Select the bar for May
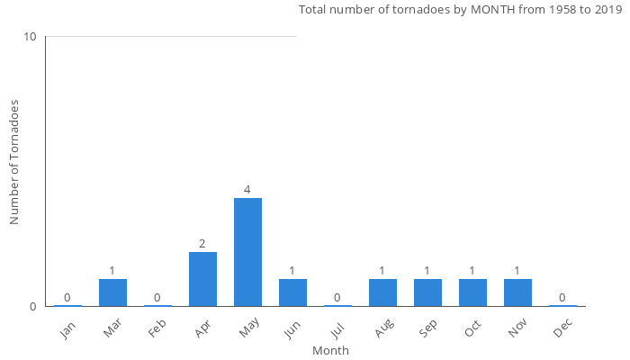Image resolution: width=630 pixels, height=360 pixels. coord(247,252)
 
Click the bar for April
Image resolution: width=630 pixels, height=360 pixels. coord(202,279)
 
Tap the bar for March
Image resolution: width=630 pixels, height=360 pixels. coord(112,292)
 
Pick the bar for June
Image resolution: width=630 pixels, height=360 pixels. coord(292,292)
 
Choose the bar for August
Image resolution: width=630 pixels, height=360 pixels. coord(382,292)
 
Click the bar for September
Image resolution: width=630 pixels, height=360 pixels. coord(427,292)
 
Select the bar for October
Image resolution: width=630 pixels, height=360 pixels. coord(472,292)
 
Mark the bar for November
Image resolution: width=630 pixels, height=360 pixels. coord(517,292)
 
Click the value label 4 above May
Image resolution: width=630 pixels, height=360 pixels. coord(247,190)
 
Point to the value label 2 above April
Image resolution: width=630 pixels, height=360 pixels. coord(202,244)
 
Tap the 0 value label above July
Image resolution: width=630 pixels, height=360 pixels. coord(337,298)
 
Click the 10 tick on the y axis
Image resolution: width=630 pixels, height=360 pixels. coord(31,37)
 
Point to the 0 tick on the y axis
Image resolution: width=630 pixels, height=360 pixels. coord(33,306)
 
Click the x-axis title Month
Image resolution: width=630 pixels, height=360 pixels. coord(330,350)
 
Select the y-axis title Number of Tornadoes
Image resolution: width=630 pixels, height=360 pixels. coord(15,162)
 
